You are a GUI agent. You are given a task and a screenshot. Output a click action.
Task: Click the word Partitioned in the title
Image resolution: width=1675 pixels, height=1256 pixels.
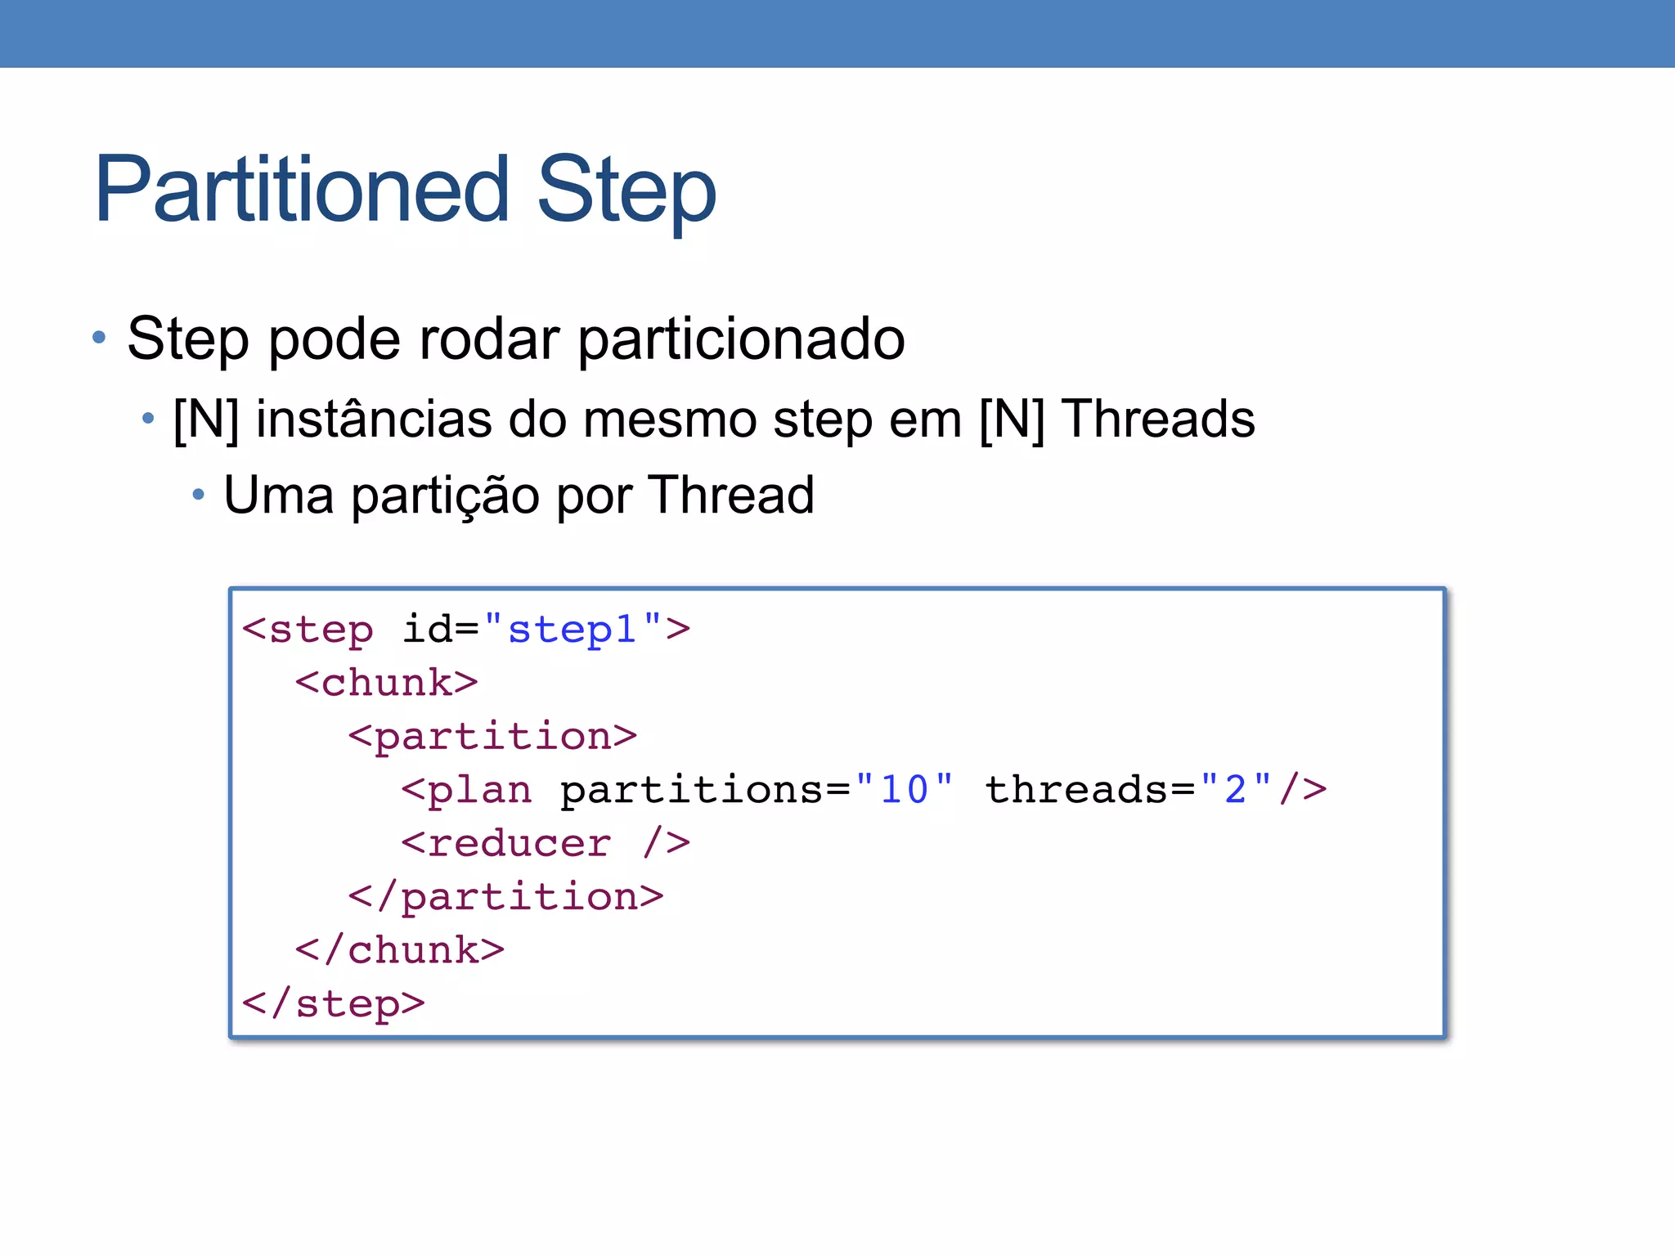coord(303,190)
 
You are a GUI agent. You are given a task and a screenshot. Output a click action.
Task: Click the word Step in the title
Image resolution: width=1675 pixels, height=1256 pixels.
coord(626,193)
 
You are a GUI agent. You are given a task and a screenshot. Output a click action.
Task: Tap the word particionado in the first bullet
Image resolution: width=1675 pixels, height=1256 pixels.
coord(741,340)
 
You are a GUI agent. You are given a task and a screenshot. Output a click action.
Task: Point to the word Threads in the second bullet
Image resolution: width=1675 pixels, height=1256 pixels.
coord(1157,419)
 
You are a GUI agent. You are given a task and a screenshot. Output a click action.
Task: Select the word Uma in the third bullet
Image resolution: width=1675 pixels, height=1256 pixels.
coord(279,496)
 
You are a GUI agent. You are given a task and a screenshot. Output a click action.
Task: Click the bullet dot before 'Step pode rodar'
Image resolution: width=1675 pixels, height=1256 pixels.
coord(99,337)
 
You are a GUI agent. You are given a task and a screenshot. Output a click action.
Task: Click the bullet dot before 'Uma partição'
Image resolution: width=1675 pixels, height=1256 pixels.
coord(198,494)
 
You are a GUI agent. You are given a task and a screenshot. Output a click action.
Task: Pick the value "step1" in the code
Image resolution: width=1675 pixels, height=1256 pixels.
coord(573,630)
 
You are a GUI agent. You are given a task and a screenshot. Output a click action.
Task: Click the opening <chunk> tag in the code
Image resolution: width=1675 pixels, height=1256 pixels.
coord(386,683)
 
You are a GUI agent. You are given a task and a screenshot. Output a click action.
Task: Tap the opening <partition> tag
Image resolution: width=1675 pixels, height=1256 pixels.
coord(492,737)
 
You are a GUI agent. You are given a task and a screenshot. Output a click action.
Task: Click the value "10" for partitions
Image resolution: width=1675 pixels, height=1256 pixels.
coord(904,790)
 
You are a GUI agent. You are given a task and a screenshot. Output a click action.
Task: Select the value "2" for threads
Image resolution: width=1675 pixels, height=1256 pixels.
coord(1235,790)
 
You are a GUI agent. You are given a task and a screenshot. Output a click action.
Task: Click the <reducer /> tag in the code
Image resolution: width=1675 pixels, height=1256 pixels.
coord(546,843)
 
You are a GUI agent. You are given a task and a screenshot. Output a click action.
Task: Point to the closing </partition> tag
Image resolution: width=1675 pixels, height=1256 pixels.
coord(505,897)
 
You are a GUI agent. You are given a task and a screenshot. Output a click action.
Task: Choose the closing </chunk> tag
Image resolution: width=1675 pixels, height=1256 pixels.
coord(400,950)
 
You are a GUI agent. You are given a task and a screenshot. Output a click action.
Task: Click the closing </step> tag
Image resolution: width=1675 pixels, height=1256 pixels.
coord(334,1004)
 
